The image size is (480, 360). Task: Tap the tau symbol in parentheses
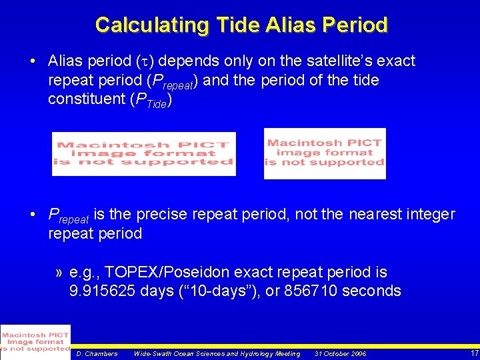[x=145, y=61]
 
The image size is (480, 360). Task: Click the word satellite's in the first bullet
[x=339, y=61]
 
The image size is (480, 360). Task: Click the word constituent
[x=87, y=99]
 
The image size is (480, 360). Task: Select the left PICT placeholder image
[x=144, y=154]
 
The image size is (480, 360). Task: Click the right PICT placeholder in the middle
[x=325, y=154]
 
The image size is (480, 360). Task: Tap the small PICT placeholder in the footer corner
[x=35, y=342]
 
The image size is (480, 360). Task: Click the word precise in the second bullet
[x=161, y=214]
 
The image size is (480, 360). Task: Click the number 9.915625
[x=102, y=290]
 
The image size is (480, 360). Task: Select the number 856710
[x=311, y=290]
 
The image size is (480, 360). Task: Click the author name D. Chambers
[x=97, y=354]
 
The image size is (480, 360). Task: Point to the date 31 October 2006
[x=340, y=354]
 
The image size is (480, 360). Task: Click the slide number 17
[x=475, y=353]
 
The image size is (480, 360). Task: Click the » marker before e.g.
[x=59, y=273]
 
